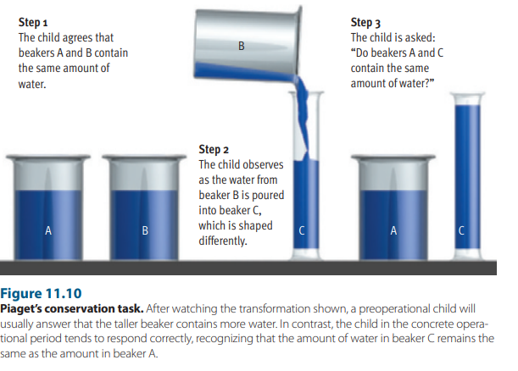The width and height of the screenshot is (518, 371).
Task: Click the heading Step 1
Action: [33, 22]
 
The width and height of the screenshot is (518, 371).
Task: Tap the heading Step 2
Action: [214, 150]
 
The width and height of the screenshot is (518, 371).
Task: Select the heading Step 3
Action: [365, 22]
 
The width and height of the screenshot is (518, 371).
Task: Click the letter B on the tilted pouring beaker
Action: [242, 46]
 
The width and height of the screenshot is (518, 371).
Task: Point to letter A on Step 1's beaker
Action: [48, 230]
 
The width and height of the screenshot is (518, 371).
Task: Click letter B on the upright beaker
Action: [145, 230]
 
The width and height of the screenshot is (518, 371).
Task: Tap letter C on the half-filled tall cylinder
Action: [302, 230]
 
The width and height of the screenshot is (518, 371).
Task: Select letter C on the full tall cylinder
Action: [461, 230]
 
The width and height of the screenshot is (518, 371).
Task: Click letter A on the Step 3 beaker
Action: [393, 230]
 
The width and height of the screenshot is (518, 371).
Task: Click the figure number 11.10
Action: [64, 293]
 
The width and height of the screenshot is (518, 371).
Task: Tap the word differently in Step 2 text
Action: [223, 241]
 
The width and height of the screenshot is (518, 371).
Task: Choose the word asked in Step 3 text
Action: [421, 37]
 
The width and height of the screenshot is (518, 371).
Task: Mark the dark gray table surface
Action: [248, 268]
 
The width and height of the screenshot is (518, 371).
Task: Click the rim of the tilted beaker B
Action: [299, 42]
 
